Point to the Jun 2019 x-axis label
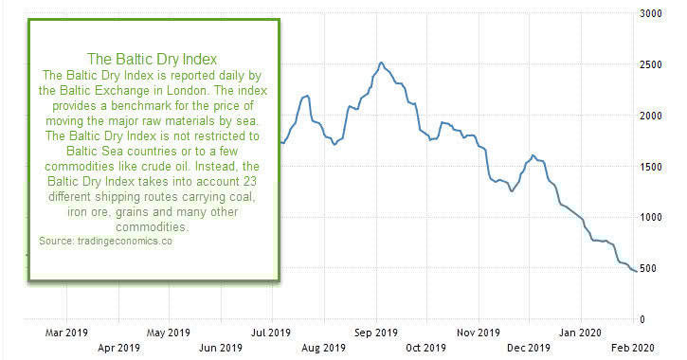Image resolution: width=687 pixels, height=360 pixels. pos(220,348)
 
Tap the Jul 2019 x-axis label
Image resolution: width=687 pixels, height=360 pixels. pos(271,333)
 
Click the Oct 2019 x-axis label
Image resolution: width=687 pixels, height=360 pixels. pos(426,348)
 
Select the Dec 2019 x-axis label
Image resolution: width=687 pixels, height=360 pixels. pos(529,348)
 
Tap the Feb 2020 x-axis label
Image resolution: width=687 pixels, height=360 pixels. pos(632,348)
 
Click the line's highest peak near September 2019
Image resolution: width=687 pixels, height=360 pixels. pos(381,63)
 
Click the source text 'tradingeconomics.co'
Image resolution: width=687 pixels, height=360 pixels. pos(118,243)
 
